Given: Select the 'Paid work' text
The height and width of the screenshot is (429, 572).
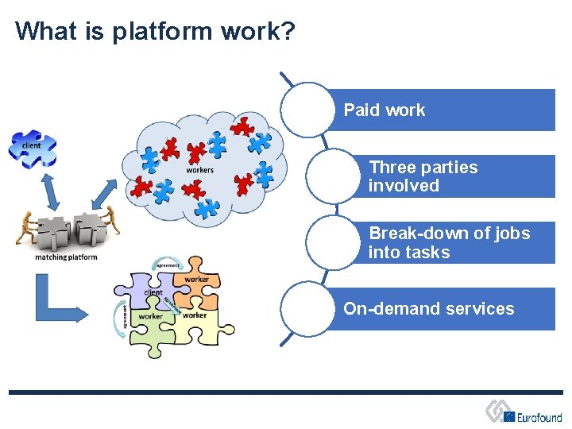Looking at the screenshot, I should coord(385,110).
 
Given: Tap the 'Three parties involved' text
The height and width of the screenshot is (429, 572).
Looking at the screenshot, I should coord(423,176).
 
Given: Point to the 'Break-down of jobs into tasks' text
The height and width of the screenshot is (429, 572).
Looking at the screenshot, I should coord(449,243).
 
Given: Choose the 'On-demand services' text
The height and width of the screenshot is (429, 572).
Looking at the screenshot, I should coord(429,309).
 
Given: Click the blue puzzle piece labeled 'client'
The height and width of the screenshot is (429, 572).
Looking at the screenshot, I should coord(33,148).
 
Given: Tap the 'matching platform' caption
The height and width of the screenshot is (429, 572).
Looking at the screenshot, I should coord(66,257).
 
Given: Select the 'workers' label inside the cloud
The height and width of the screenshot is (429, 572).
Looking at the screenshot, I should coord(199,170).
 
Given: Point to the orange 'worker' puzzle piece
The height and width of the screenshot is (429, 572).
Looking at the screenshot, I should coord(196,277).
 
